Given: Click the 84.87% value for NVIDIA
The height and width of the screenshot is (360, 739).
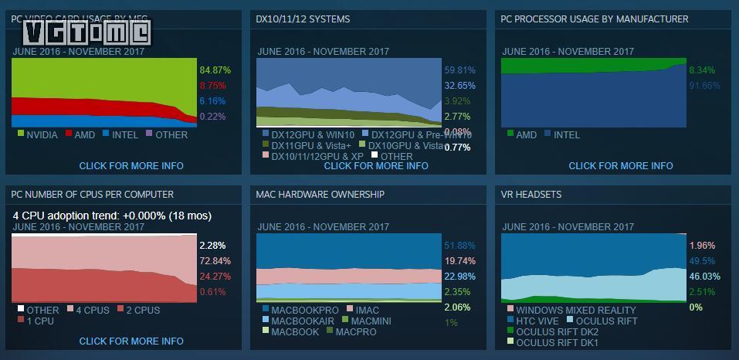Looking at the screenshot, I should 215,70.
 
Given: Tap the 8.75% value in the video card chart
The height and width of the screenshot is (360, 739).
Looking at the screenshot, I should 212,86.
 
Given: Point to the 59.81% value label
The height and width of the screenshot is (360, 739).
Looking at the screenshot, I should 459,70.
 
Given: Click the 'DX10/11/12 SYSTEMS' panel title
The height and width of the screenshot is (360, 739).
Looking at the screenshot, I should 303,19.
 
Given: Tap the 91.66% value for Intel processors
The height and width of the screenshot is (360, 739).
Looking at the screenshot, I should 704,86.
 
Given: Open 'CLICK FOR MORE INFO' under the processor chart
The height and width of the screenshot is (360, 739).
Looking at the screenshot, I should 621,165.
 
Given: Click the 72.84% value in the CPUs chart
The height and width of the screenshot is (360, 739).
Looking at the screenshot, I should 215,261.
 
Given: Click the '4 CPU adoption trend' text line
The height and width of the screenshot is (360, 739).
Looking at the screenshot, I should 112,216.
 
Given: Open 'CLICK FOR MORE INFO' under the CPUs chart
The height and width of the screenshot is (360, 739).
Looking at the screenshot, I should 131,341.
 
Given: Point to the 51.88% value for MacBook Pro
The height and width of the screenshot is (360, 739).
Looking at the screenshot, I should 459,246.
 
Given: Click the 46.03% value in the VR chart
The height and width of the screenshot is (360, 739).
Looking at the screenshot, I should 704,276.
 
